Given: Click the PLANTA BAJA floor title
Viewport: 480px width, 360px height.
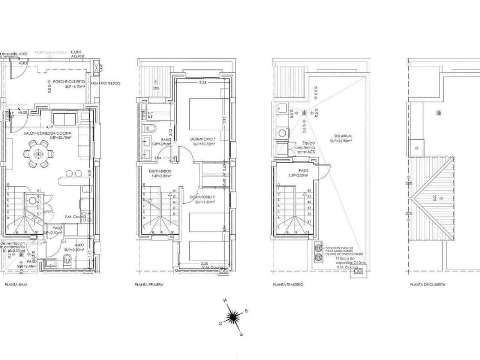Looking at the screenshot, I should pos(16,285).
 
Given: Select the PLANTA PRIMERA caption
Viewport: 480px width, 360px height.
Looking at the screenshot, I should pos(149,285).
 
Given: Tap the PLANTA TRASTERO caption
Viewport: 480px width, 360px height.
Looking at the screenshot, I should pos(288,285).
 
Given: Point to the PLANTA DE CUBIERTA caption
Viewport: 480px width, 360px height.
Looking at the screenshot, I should pos(427,285).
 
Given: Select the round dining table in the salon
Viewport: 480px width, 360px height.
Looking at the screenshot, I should pos(37,153).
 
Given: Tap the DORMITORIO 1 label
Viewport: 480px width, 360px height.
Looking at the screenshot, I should pos(202,139).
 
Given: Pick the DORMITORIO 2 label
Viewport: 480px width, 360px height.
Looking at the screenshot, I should pos(202,197).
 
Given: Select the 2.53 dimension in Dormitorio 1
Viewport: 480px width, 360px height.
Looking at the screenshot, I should pos(202,82).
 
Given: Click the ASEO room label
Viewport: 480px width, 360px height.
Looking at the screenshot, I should pos(79,245).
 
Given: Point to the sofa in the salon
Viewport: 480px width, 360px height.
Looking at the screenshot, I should pos(65,119).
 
